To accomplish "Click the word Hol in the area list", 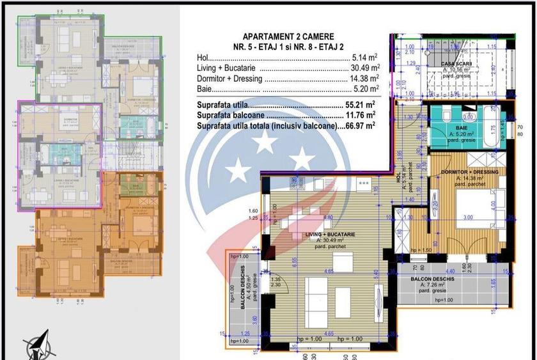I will [x=204, y=58].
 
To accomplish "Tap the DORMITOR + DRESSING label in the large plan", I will [x=465, y=172].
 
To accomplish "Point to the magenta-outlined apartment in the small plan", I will [x=60, y=153].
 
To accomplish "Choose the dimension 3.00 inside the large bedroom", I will [x=469, y=218].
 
